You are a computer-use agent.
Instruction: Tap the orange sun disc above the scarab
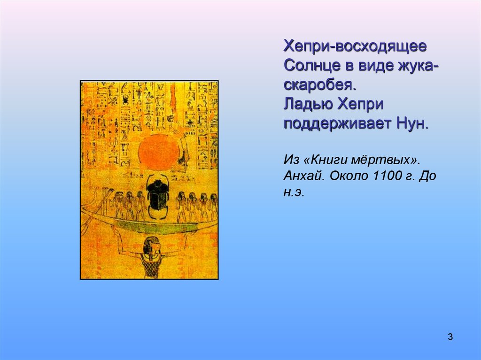click(159, 153)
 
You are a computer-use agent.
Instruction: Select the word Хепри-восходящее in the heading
click(355, 46)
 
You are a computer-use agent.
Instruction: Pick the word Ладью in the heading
click(304, 106)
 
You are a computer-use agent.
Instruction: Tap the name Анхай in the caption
click(301, 176)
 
